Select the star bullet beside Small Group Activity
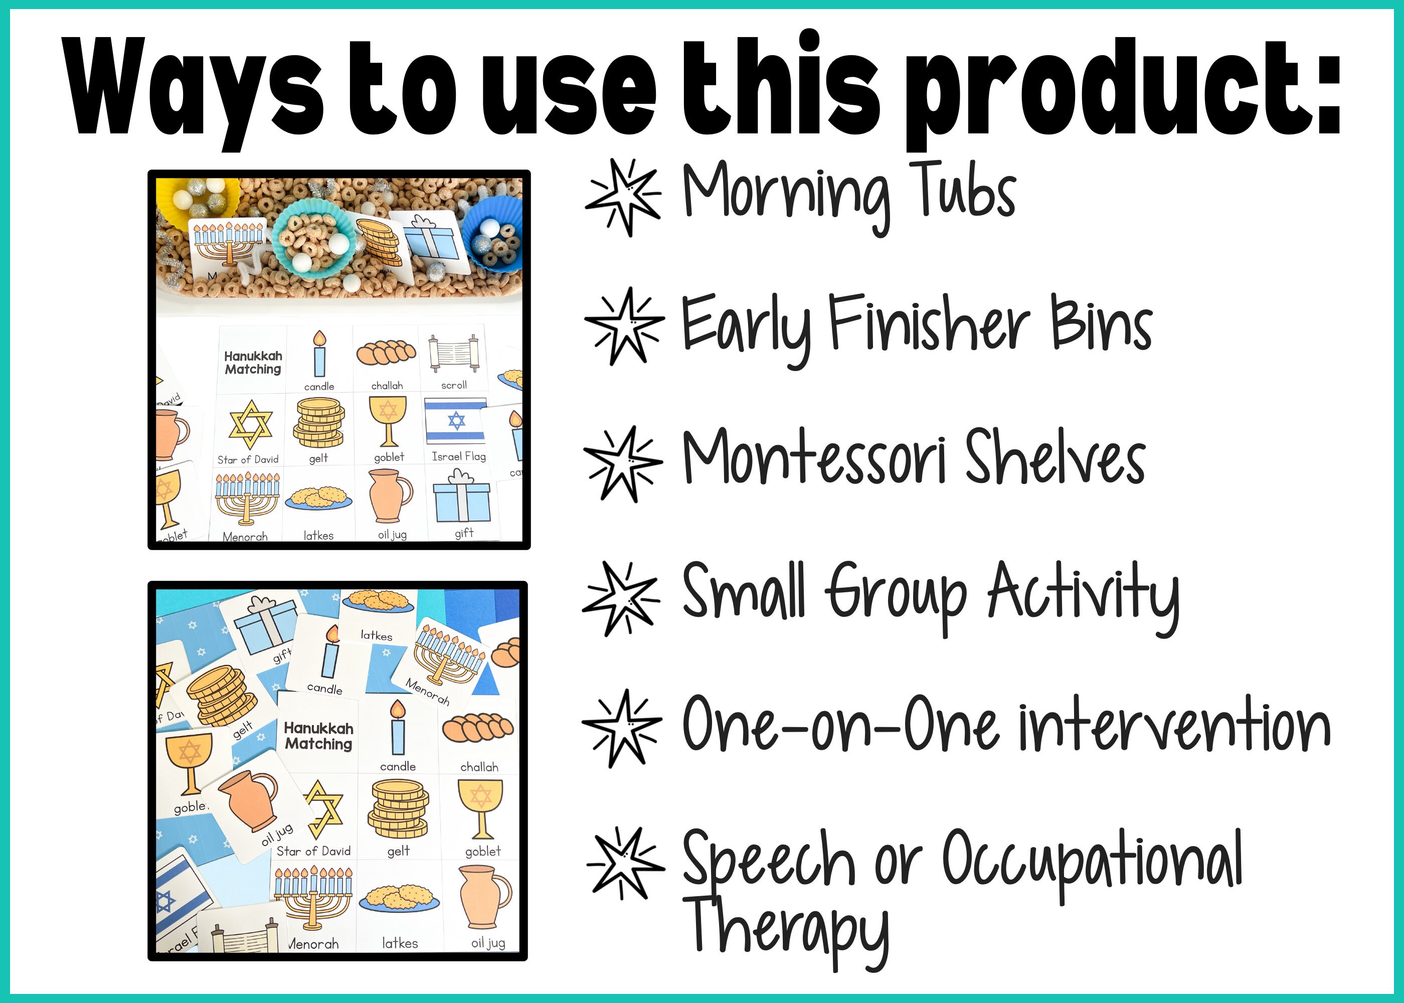click(621, 598)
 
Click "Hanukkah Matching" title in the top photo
click(253, 363)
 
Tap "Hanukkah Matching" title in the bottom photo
click(318, 736)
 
